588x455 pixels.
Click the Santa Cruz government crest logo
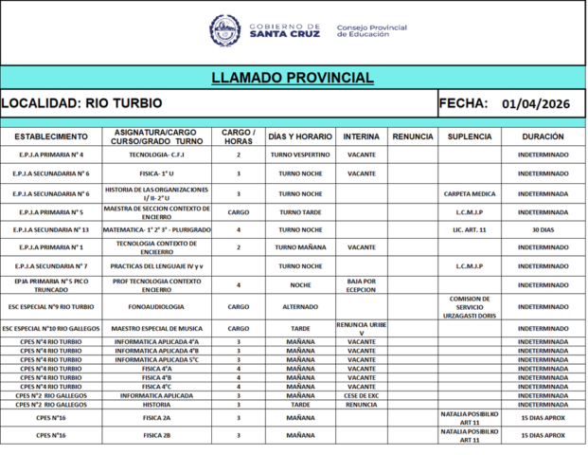click(224, 30)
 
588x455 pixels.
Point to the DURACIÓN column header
click(543, 136)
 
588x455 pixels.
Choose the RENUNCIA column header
click(412, 136)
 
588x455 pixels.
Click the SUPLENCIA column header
click(470, 136)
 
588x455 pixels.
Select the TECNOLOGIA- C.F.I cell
click(156, 155)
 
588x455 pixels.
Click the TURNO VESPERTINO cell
click(300, 155)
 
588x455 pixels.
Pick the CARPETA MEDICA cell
click(470, 193)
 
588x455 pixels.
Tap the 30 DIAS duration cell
click(543, 229)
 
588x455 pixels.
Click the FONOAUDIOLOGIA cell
click(156, 307)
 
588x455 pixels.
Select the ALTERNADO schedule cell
click(300, 307)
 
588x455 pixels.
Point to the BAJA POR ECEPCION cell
click(362, 284)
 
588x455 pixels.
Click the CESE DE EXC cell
click(362, 395)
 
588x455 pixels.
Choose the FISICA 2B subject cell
click(156, 435)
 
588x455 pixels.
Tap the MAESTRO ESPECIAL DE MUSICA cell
click(156, 328)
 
